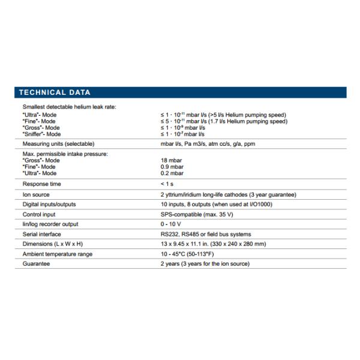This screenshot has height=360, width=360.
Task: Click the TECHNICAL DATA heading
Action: click(55, 92)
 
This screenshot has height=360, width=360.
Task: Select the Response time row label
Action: click(41, 184)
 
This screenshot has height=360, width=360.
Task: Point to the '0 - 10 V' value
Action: click(171, 224)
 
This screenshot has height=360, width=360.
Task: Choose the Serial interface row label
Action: click(41, 234)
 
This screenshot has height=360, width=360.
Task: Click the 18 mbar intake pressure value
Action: click(170, 161)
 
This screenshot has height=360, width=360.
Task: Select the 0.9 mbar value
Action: click(172, 167)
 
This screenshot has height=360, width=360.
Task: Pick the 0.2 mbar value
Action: click(172, 173)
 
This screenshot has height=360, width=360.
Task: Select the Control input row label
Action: click(40, 214)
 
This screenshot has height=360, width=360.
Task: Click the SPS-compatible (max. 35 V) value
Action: click(197, 214)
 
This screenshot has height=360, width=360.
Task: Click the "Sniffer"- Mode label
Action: click(42, 134)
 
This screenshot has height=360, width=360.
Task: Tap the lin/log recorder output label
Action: click(50, 224)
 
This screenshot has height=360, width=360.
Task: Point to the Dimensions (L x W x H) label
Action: click(53, 244)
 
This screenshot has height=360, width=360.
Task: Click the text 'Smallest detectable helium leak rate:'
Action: click(69, 106)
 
